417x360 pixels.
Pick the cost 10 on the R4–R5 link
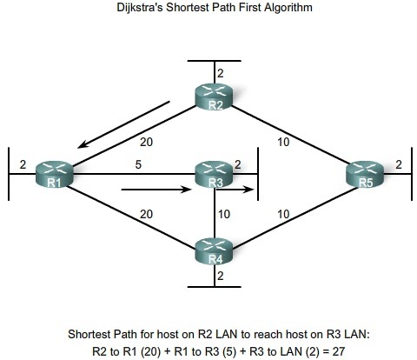(283, 212)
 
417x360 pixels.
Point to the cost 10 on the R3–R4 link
(224, 212)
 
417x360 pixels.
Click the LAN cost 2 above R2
(221, 73)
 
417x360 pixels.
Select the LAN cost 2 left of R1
(23, 163)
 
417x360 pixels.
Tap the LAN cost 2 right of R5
(397, 163)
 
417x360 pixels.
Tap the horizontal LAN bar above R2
(214, 63)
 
